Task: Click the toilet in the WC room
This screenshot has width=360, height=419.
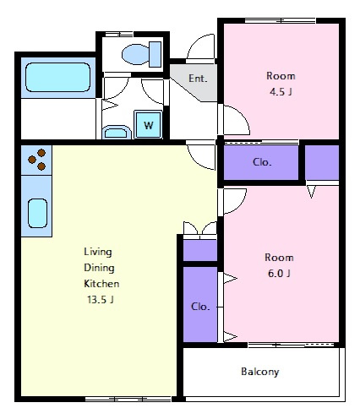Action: coord(142,54)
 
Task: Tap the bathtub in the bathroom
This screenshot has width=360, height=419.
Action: coord(58,78)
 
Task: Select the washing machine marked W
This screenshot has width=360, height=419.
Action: coord(149,124)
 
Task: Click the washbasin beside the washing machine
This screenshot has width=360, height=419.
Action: coord(117,133)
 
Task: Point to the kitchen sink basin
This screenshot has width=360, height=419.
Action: coord(37,213)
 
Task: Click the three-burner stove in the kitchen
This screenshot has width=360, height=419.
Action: coord(36,160)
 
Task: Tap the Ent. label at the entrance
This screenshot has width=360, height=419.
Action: coord(198,79)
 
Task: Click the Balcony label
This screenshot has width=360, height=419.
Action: coord(260,372)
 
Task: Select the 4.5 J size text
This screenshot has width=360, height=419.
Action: coord(281,92)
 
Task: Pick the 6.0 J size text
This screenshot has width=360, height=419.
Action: coord(279,273)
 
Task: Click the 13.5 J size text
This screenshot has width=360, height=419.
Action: coord(101,299)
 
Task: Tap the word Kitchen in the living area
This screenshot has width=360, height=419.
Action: coord(101,283)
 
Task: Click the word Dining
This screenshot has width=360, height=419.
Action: coord(99,268)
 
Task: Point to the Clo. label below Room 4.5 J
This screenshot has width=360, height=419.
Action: coord(262,162)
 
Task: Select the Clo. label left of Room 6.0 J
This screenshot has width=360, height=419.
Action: coord(200,307)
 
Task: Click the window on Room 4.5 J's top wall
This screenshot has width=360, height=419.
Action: coord(281,20)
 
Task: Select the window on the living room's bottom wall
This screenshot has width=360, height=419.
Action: coord(128,399)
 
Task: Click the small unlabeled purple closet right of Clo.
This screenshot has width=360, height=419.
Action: coord(322,162)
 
